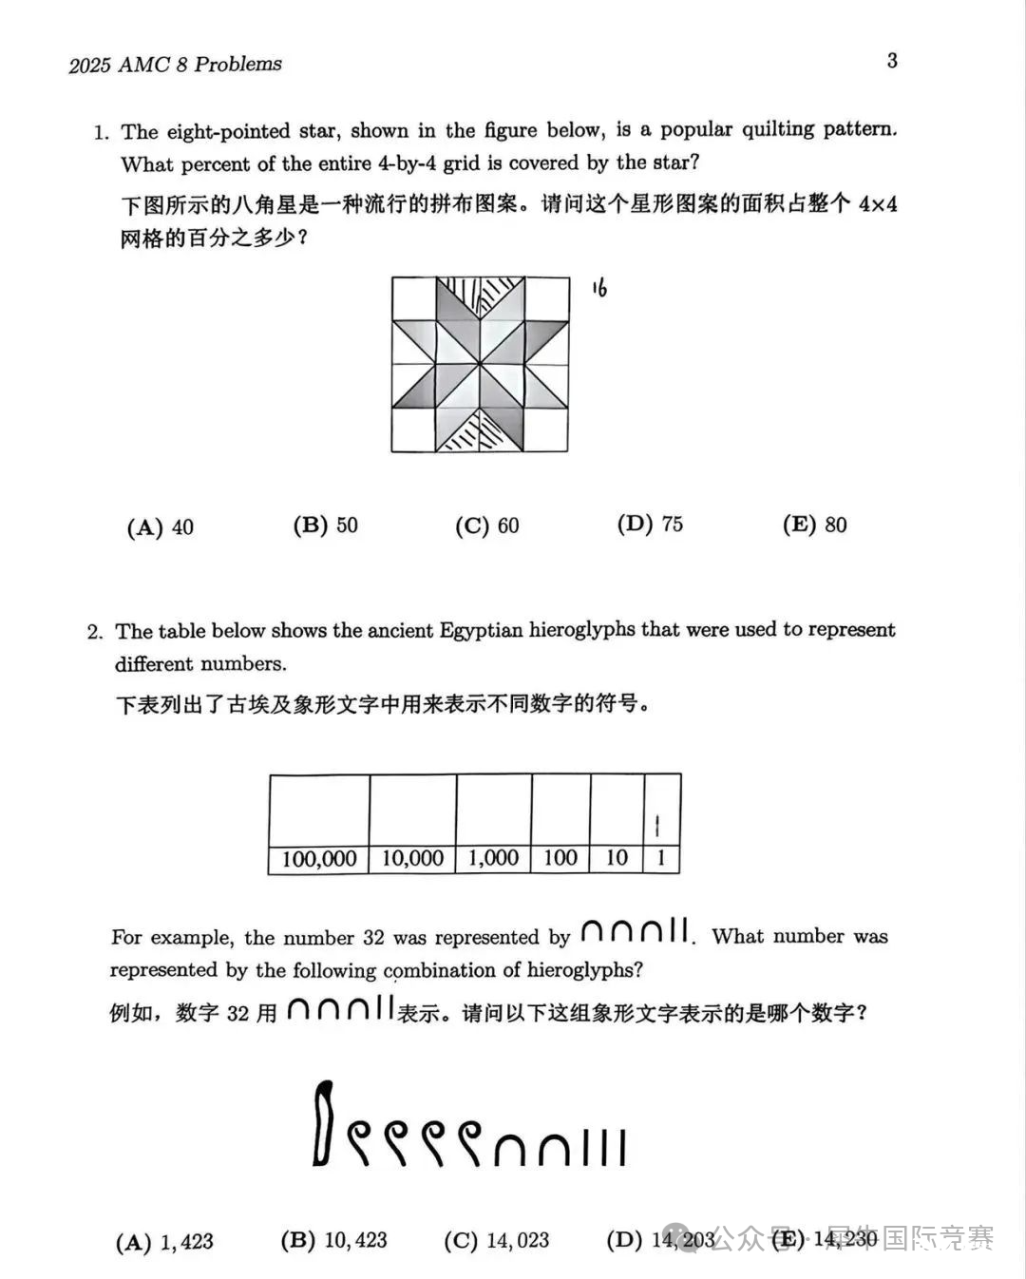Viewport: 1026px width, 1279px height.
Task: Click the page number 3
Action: [x=892, y=61]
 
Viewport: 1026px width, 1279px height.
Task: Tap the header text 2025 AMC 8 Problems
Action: [x=176, y=65]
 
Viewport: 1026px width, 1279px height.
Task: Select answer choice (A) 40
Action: [x=161, y=526]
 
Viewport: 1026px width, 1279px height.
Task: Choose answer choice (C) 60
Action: [x=487, y=525]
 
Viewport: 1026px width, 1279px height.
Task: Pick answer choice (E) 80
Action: [x=815, y=525]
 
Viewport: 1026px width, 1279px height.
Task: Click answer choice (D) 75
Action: [x=650, y=525]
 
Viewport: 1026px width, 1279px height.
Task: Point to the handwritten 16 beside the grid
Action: [x=598, y=288]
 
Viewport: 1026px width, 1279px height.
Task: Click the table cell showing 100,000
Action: [x=319, y=859]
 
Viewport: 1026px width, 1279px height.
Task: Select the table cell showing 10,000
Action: [x=412, y=859]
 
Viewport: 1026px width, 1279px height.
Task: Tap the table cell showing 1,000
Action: [x=494, y=858]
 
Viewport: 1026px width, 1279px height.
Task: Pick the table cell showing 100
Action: [x=560, y=858]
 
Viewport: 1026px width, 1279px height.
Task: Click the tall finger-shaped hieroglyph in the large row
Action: [x=324, y=1124]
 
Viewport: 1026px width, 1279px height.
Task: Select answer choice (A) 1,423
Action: [x=164, y=1242]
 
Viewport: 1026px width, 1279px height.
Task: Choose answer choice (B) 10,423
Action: [x=334, y=1240]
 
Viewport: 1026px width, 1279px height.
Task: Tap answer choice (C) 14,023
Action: [x=497, y=1240]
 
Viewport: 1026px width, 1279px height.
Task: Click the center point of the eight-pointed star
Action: [x=481, y=365]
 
